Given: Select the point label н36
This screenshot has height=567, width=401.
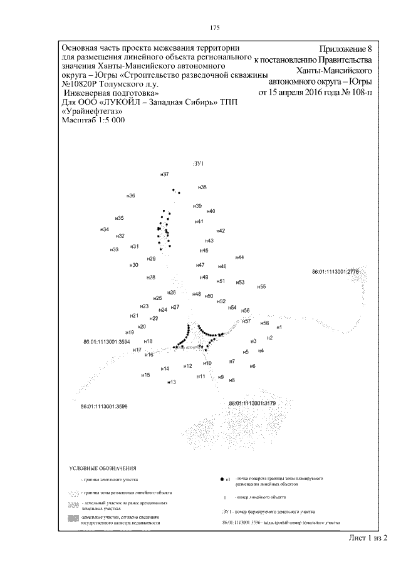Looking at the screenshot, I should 131,196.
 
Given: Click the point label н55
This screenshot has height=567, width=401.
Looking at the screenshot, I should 261,286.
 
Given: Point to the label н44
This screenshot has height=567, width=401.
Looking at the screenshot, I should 239,258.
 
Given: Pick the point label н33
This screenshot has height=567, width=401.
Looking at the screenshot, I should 114,249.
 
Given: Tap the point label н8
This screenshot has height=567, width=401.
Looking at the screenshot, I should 232,380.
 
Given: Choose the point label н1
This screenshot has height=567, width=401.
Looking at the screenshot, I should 279,327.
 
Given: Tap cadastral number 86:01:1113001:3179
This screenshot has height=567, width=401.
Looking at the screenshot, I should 253,403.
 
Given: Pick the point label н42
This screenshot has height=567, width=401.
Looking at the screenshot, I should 220,231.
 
